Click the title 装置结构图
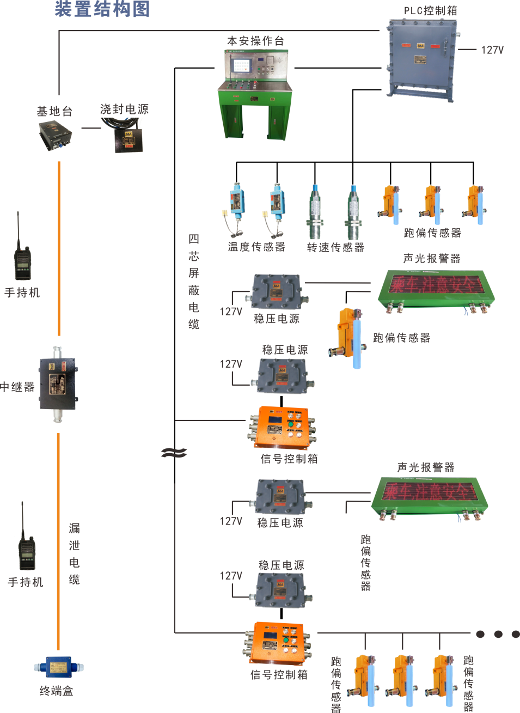click(102, 9)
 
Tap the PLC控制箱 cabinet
click(421, 58)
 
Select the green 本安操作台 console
click(255, 93)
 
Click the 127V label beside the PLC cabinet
click(492, 50)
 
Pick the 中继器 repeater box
click(58, 384)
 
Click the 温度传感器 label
click(256, 247)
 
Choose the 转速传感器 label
click(335, 247)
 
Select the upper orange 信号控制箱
click(283, 427)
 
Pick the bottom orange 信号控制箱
click(276, 643)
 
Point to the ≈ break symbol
click(174, 453)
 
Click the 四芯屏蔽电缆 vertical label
click(194, 282)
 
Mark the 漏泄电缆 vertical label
click(75, 553)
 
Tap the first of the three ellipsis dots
click(480, 634)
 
